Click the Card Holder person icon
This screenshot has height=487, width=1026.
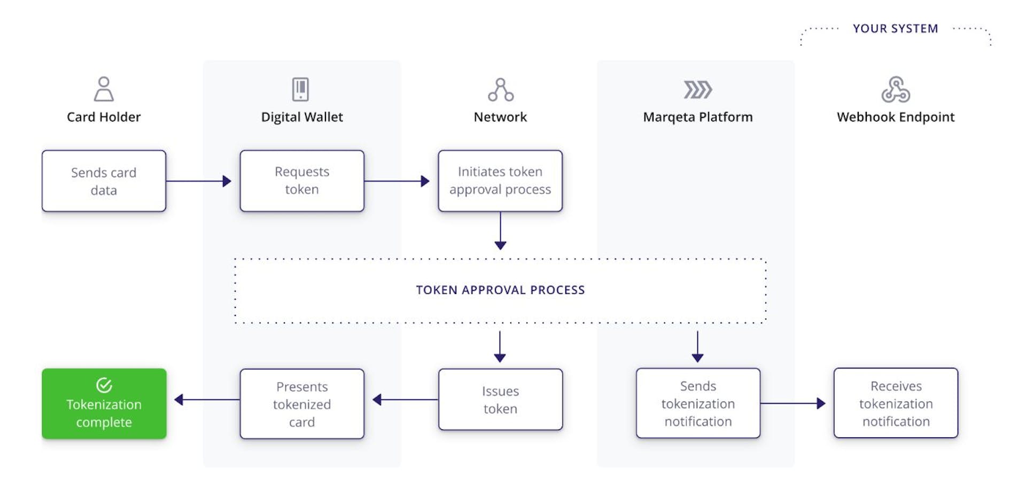104,89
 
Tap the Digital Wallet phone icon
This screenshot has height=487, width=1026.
300,89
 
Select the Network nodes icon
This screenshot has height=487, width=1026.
500,90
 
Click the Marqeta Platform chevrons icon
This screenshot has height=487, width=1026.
697,90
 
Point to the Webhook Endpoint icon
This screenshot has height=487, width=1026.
896,89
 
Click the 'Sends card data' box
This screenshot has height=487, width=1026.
104,181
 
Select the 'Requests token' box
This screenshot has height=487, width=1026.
302,181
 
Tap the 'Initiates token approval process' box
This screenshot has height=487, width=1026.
500,181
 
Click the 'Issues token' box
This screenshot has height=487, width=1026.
500,399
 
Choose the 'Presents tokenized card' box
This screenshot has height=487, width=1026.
302,404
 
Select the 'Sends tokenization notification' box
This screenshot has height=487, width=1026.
698,403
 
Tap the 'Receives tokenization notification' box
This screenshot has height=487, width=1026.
896,403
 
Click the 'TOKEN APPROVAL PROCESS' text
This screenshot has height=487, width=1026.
500,290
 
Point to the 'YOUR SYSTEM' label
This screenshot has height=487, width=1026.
895,29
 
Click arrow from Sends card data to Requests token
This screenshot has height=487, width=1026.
198,181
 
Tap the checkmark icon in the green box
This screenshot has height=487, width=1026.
104,385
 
